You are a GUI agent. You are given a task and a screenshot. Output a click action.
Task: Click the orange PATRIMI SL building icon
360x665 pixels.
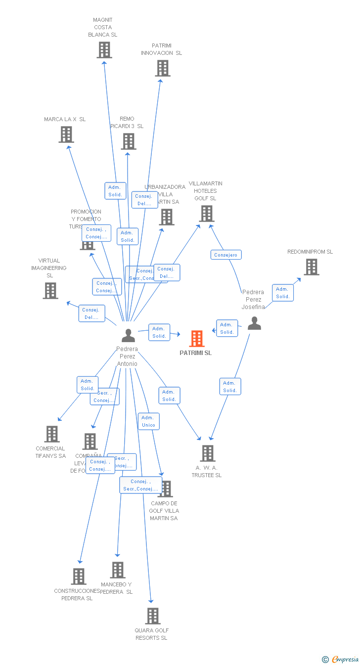point(197,339)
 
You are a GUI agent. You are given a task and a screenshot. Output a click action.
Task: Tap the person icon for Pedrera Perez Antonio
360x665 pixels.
point(128,336)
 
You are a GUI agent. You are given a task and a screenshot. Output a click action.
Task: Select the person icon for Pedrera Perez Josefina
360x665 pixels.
point(254,323)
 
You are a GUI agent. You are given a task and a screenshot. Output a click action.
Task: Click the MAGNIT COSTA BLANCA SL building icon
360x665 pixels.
point(104,50)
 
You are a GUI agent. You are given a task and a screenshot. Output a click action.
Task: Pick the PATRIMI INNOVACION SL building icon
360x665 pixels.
point(162,68)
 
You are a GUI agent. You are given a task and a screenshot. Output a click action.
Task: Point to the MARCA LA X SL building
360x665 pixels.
point(66,134)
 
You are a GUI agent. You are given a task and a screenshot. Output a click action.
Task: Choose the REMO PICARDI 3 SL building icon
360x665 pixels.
point(128,141)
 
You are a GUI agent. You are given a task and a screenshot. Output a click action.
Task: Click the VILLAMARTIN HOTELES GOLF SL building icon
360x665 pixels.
point(206,214)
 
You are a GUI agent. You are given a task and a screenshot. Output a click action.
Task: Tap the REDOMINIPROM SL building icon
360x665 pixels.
point(311,267)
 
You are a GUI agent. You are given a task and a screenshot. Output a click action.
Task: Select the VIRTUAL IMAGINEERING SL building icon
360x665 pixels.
point(50,291)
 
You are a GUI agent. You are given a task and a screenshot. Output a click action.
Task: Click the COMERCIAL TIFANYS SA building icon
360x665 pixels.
point(51,434)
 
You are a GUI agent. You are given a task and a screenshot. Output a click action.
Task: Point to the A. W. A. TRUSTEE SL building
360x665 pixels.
point(207,453)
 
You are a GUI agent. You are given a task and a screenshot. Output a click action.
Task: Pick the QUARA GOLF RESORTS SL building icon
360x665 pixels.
point(152,616)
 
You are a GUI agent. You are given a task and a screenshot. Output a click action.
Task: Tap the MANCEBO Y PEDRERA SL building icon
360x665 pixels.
point(117,570)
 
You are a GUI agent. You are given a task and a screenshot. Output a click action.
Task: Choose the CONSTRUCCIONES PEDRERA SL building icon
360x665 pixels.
point(78,576)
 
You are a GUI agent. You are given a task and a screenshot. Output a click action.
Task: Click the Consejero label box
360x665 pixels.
point(226,255)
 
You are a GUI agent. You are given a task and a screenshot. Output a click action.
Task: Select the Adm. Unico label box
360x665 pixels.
point(148,421)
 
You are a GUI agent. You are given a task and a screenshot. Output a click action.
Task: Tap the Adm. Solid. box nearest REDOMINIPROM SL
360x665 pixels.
point(283,293)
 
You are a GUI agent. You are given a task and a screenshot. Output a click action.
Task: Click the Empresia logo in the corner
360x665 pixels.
point(341,659)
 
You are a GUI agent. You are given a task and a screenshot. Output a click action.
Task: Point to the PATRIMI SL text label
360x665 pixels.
point(195,353)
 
